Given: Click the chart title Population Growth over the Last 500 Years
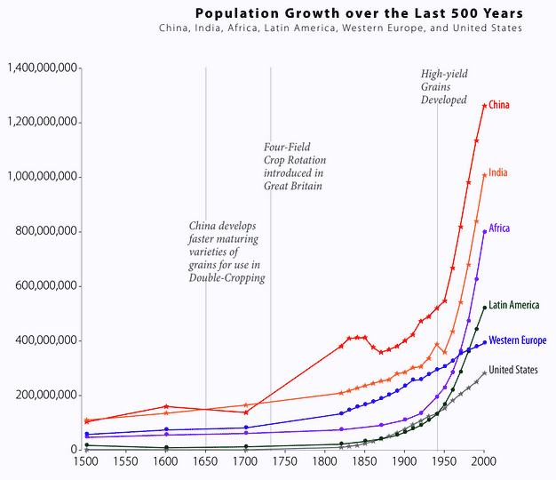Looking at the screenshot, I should (x=358, y=13).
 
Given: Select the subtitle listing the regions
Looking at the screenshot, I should (x=340, y=28).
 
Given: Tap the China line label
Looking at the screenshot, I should (x=499, y=106).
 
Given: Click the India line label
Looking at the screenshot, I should (x=498, y=172).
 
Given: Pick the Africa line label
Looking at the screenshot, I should (x=499, y=228).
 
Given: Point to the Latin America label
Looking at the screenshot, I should (x=513, y=306).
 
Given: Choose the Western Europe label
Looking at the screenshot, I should (x=517, y=340).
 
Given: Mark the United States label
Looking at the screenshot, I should (x=512, y=370).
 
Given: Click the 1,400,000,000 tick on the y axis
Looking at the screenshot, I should (x=41, y=68).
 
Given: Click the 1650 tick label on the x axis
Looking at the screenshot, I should (x=205, y=463).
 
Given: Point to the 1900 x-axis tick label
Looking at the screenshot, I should (x=404, y=463).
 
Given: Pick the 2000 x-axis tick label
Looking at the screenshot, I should (x=484, y=463).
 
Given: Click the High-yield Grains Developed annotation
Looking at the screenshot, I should (x=444, y=87).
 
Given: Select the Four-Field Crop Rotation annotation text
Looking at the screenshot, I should (x=293, y=166).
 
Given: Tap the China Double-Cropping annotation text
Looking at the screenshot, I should (x=226, y=252).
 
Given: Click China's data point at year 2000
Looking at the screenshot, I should (x=484, y=106).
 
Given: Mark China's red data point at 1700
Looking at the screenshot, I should (x=246, y=412).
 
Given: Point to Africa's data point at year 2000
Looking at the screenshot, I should (x=484, y=231).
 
